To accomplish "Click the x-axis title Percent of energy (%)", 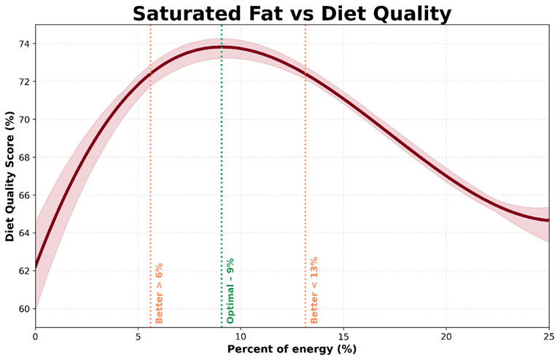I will click(292, 349).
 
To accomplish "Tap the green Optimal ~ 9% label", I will click(230, 291).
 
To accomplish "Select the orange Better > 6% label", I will click(160, 293).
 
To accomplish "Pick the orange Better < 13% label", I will click(314, 290).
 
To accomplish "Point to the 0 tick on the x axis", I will click(35, 336).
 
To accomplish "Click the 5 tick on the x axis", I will click(138, 336).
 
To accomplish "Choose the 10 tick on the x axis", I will click(241, 336).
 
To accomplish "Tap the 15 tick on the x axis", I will click(343, 336).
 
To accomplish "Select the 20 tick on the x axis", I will click(446, 336).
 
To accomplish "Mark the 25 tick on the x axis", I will click(548, 336).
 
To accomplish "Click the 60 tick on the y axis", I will click(23, 309).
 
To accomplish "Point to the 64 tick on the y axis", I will click(23, 233).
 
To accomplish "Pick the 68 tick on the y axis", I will click(23, 157).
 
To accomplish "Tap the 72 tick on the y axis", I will click(23, 82).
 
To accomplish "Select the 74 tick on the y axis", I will click(23, 44).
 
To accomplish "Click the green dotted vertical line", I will click(222, 182).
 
